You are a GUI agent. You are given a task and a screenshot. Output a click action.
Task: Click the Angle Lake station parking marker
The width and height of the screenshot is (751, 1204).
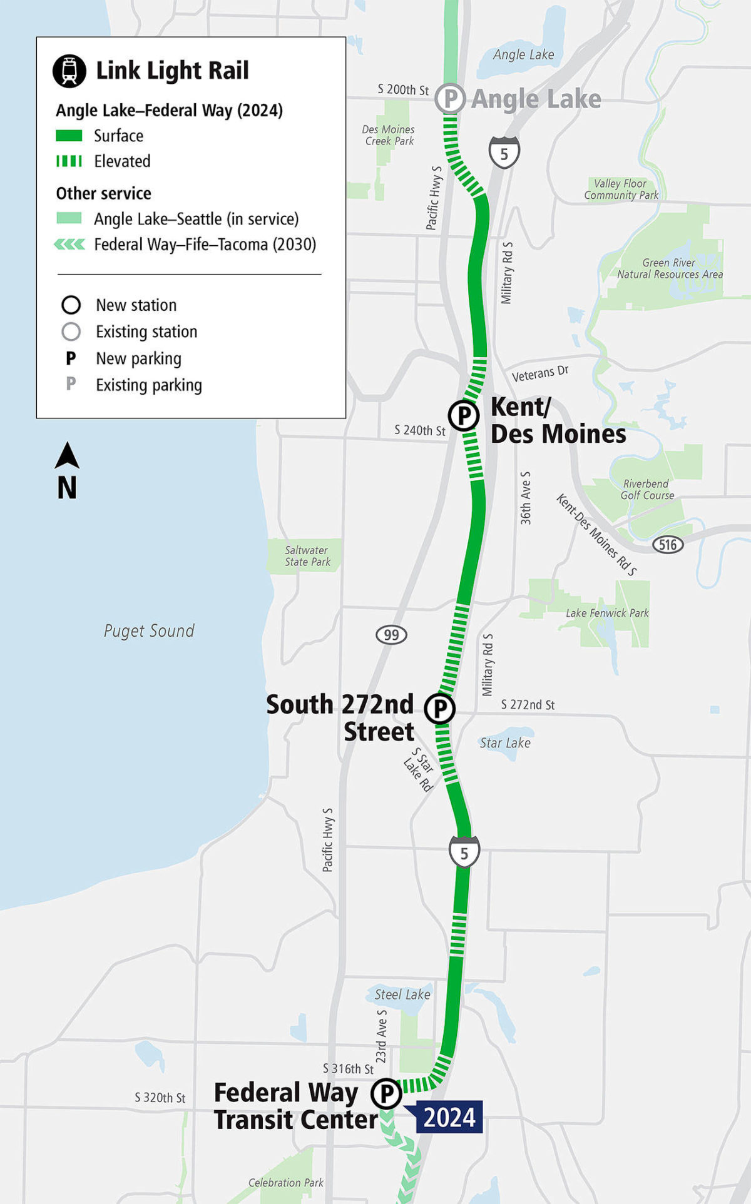click(449, 98)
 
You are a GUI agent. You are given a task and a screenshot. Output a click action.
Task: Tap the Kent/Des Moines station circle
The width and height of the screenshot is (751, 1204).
click(464, 415)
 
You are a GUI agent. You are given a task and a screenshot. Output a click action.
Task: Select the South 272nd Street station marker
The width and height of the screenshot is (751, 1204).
click(440, 709)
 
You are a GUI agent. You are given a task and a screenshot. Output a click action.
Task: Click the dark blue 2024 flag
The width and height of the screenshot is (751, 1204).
click(449, 1117)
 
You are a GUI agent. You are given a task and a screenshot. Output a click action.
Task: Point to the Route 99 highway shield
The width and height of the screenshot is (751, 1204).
click(391, 635)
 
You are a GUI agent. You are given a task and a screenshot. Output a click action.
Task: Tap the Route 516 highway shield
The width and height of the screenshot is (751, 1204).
click(668, 544)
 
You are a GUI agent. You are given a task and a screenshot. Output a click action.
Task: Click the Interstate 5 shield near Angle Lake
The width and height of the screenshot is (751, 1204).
click(504, 153)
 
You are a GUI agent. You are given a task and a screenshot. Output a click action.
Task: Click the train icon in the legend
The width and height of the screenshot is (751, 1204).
click(69, 71)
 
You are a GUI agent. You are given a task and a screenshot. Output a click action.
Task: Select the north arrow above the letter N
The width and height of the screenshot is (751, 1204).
click(67, 455)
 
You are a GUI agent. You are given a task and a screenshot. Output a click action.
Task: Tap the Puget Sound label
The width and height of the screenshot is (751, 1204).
click(149, 630)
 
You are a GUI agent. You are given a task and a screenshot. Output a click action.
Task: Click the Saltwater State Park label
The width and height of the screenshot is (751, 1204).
click(307, 556)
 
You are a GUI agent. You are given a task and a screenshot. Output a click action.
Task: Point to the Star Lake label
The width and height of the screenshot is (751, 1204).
click(505, 742)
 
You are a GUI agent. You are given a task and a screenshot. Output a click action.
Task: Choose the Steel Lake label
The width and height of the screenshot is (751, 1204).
click(402, 994)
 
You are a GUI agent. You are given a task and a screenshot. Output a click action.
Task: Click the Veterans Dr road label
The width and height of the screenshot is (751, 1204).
click(540, 373)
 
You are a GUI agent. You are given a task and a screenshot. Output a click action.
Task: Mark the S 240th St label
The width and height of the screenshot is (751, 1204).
click(420, 430)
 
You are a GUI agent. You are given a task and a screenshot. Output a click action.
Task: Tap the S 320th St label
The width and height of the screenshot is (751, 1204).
click(160, 1098)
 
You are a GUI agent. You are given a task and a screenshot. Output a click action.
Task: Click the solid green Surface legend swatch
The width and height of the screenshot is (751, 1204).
click(69, 136)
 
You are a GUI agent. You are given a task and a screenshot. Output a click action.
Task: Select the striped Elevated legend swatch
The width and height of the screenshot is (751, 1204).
click(69, 161)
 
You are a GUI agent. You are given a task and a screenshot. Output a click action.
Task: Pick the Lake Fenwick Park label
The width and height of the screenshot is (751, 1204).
click(607, 613)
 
